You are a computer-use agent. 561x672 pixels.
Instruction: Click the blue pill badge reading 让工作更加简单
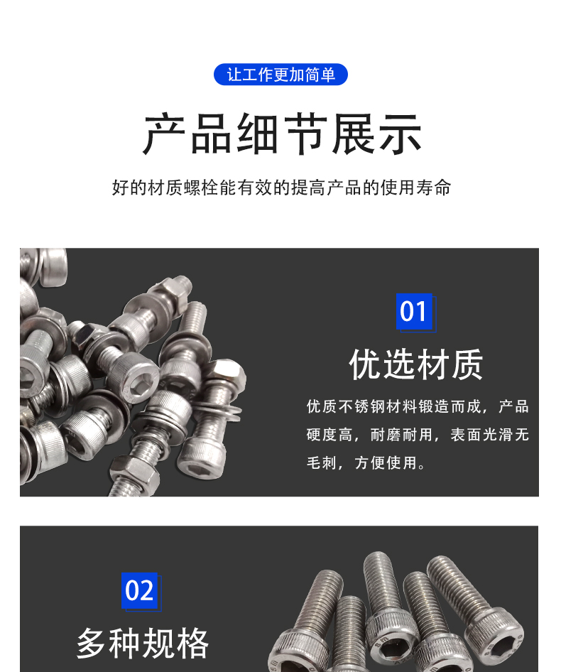280,75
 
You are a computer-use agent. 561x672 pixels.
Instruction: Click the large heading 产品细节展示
282,134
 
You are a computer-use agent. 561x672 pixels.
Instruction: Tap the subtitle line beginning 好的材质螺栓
281,188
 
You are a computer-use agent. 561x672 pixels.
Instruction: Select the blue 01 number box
414,312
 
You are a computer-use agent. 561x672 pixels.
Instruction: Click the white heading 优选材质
416,364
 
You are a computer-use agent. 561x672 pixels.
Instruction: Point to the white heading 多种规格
142,644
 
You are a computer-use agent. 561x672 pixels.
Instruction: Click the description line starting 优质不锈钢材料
418,406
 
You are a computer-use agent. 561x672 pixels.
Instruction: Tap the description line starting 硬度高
418,435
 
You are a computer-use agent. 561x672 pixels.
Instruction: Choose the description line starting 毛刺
366,463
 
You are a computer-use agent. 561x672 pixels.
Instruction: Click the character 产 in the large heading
165,134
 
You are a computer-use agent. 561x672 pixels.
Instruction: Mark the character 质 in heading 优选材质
467,364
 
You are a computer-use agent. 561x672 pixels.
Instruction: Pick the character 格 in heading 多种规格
192,644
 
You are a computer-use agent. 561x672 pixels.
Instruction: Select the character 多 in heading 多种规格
92,644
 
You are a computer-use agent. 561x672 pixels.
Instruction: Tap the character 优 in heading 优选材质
365,364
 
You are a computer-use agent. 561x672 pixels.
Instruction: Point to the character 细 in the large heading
258,134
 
